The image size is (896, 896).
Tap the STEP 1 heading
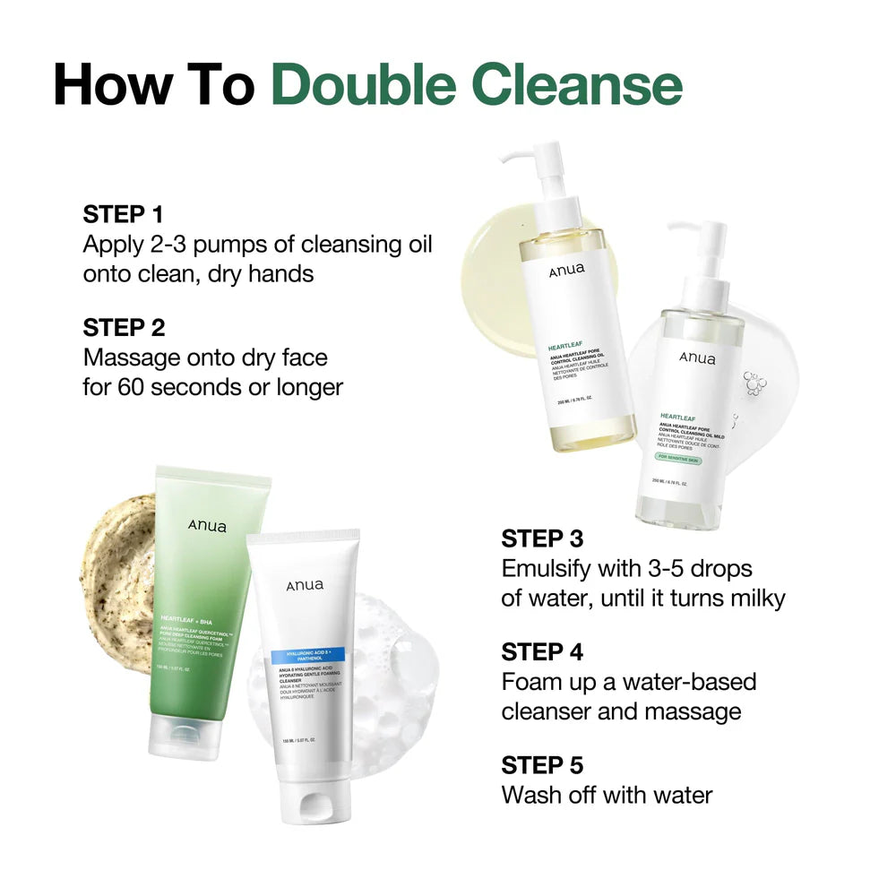pyautogui.click(x=124, y=214)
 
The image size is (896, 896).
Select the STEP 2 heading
pyautogui.click(x=124, y=328)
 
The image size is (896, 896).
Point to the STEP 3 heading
pyautogui.click(x=542, y=538)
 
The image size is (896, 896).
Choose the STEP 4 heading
pyautogui.click(x=542, y=651)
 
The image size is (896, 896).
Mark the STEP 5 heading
pyautogui.click(x=542, y=765)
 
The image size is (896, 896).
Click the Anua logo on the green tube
pyautogui.click(x=207, y=526)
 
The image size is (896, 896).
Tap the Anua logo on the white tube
pyautogui.click(x=305, y=586)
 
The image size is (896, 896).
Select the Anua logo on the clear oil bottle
pyautogui.click(x=697, y=358)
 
